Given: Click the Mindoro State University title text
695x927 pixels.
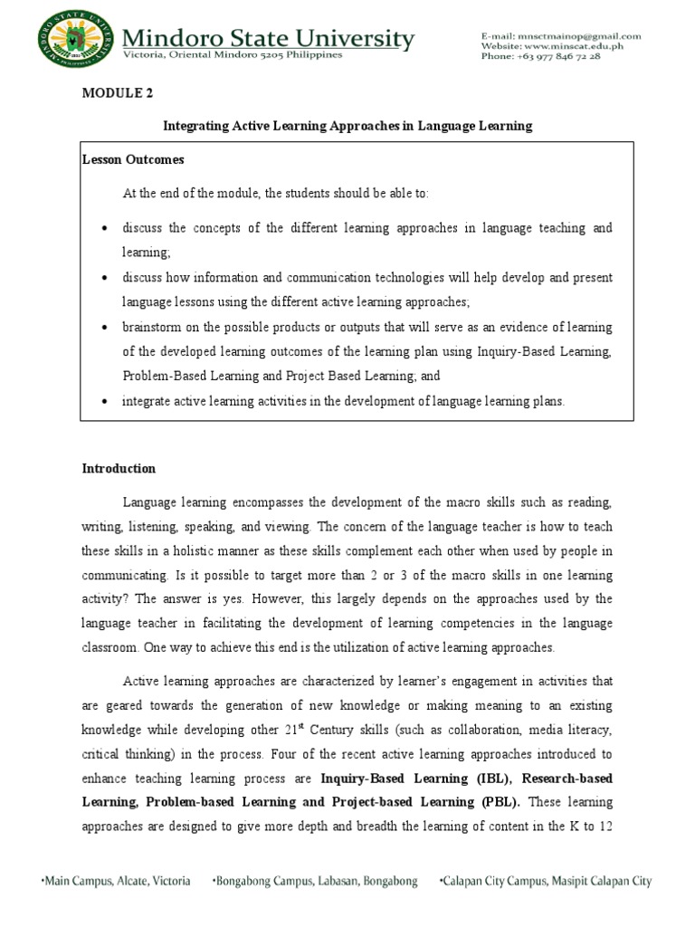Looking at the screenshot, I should (269, 39).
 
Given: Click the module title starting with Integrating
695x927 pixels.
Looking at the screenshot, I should (347, 127).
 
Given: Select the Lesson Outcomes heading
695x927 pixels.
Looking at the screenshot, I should (133, 159).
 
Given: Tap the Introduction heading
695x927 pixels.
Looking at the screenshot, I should (119, 469).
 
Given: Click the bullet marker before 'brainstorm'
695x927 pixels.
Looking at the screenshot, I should (107, 327).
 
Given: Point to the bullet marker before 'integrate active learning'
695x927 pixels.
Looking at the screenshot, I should (107, 402).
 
